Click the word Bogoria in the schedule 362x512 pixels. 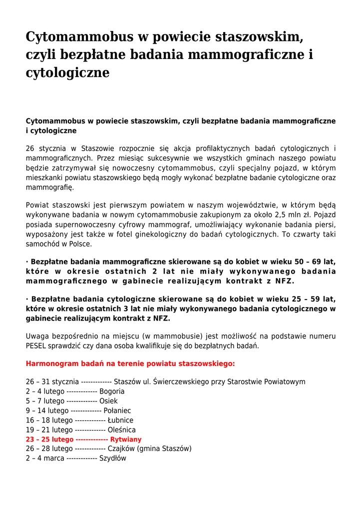pyautogui.click(x=112, y=391)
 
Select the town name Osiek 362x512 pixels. pyautogui.click(x=108, y=401)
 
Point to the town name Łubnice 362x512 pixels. pyautogui.click(x=120, y=420)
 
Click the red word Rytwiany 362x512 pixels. pyautogui.click(x=126, y=439)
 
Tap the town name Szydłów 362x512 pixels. pyautogui.click(x=113, y=458)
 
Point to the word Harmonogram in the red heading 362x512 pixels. pyautogui.click(x=51, y=363)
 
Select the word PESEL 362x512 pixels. pyautogui.click(x=37, y=345)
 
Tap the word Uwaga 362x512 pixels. pyautogui.click(x=37, y=336)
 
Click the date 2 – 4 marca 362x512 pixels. pyautogui.click(x=45, y=458)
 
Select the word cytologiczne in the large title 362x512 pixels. pyautogui.click(x=67, y=72)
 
